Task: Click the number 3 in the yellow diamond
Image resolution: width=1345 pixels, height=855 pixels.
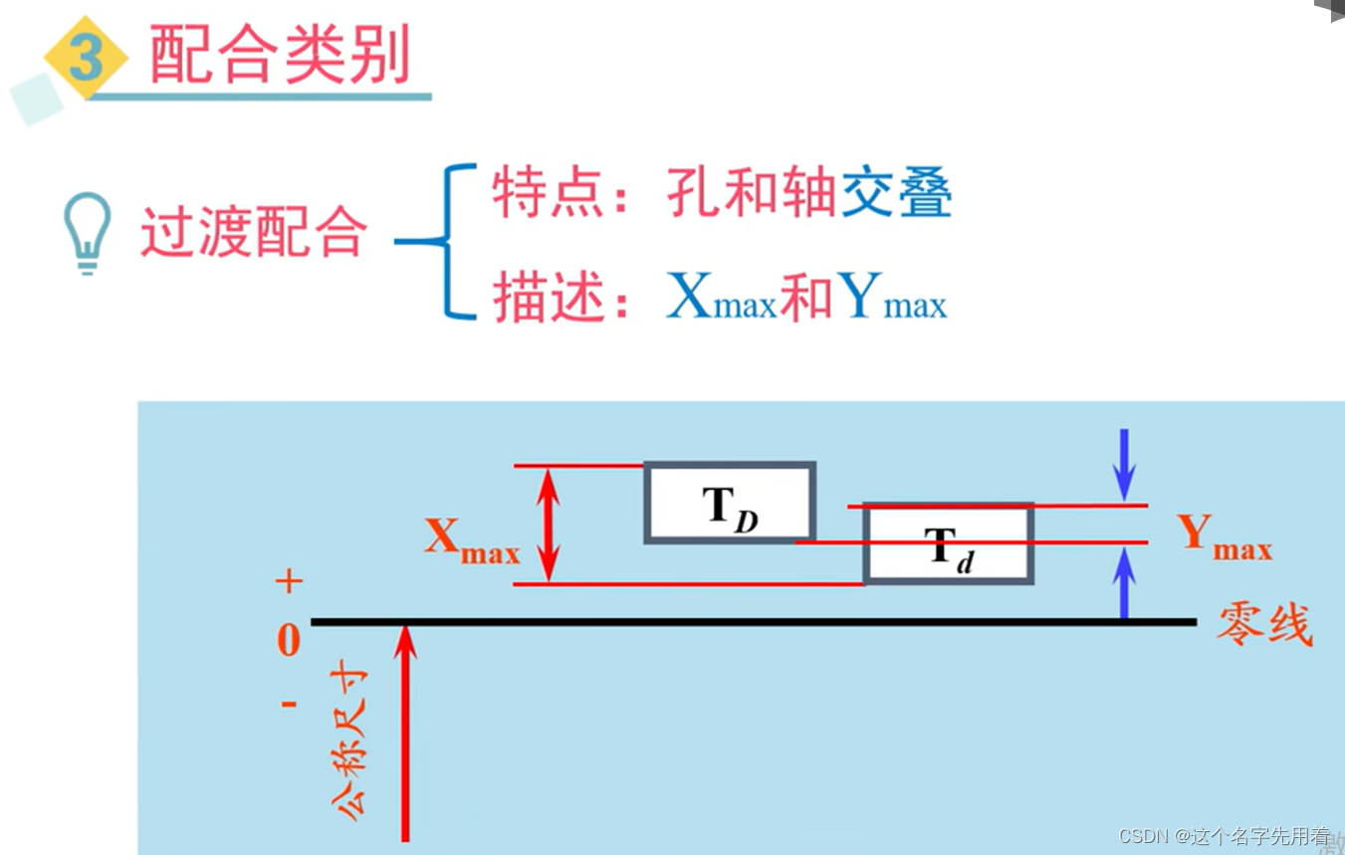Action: tap(87, 58)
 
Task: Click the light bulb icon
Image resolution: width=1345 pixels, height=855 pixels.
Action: tap(87, 232)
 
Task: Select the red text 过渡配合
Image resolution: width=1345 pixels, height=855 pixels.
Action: tap(254, 234)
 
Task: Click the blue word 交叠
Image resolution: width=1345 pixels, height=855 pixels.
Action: tap(896, 193)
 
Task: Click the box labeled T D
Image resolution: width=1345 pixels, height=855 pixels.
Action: tap(730, 503)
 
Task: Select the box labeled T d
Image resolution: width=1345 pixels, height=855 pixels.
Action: tap(949, 543)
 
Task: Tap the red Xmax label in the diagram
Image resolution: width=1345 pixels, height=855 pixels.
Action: tap(473, 540)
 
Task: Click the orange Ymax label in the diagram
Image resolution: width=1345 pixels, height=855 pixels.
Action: tap(1224, 537)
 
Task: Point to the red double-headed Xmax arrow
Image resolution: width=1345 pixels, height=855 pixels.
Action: tap(547, 525)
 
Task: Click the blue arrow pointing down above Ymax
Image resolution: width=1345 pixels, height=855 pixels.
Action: tap(1124, 464)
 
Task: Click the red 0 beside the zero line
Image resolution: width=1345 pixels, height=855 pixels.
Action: tap(289, 641)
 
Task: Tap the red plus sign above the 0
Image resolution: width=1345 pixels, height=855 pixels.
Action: tap(289, 581)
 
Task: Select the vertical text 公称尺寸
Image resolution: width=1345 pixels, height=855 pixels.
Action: tap(353, 742)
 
